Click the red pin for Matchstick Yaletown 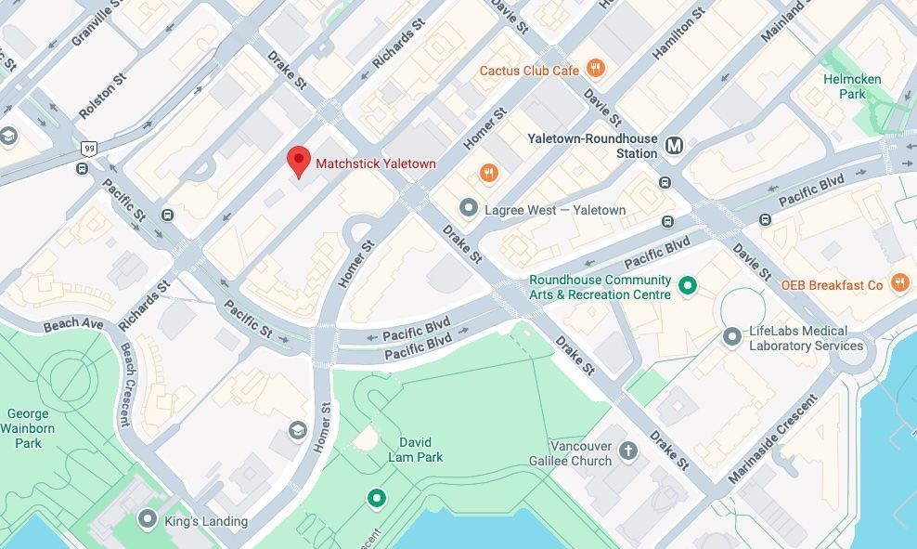[298, 161]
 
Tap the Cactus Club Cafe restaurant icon [596, 69]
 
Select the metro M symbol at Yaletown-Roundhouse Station [674, 145]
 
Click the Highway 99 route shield [89, 148]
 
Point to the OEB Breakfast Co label [832, 285]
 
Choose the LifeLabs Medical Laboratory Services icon [732, 335]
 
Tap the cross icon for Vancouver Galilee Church [628, 451]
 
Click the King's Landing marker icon [147, 518]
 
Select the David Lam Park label [415, 450]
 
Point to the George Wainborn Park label [28, 428]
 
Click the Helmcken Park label [851, 86]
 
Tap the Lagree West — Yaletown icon [469, 208]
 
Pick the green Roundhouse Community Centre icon [688, 285]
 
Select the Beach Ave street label [73, 324]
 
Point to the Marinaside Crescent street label [772, 438]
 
